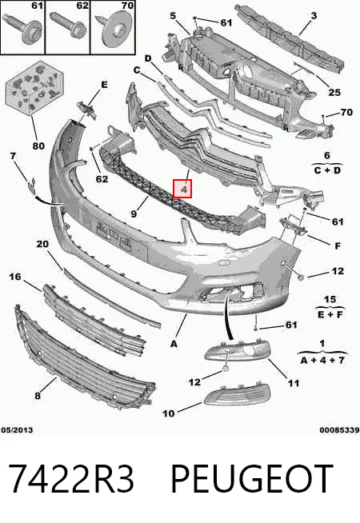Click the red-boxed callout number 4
click(182, 189)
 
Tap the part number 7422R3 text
click(71, 479)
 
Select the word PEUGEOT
click(252, 479)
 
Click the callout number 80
click(38, 146)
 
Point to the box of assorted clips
click(34, 87)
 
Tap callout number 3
click(314, 15)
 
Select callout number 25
click(334, 93)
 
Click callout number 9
click(134, 214)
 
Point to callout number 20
click(42, 244)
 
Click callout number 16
click(14, 277)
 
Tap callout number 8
click(38, 396)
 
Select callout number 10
click(169, 413)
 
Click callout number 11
click(294, 383)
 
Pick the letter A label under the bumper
click(174, 344)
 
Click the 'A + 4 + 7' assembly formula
click(322, 360)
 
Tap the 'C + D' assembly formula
click(327, 170)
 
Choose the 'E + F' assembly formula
click(330, 314)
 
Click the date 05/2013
click(17, 430)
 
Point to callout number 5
click(173, 15)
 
